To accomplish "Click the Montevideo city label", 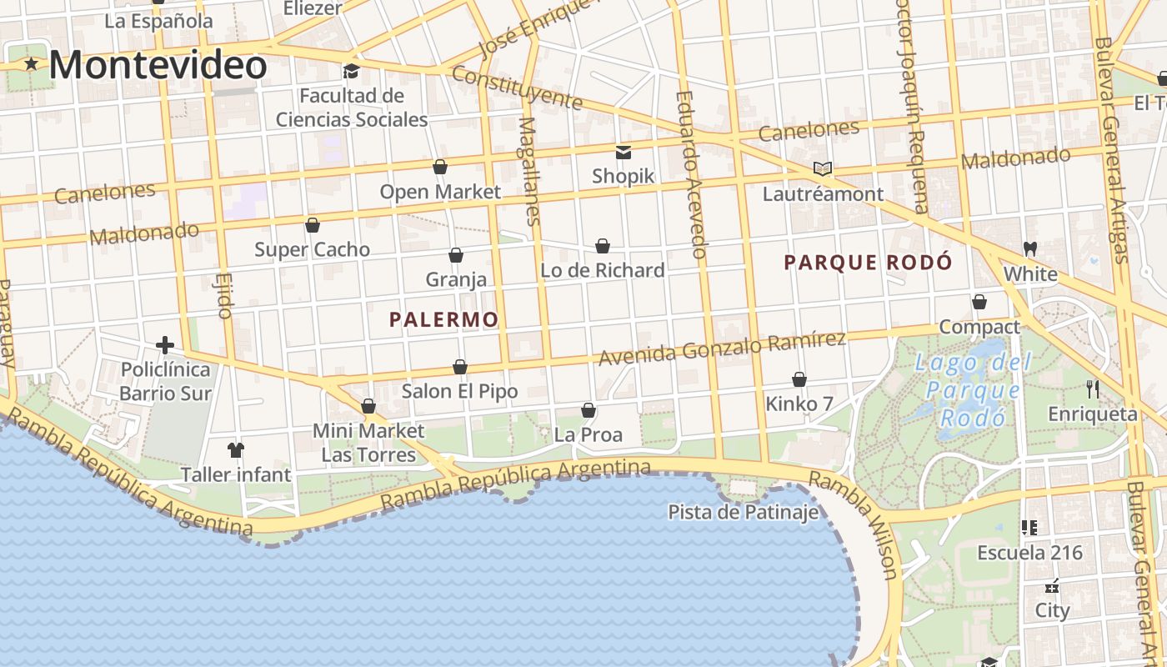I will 158,65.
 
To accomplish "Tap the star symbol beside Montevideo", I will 32,63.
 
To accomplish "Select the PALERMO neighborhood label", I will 443,319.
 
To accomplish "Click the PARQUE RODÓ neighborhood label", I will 868,263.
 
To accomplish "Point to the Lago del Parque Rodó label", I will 972,390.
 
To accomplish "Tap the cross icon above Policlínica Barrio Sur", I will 165,344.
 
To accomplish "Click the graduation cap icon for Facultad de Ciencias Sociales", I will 351,71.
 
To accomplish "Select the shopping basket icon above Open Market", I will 440,167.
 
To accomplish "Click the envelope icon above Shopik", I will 623,152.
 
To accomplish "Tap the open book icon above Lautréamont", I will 823,168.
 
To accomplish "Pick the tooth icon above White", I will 1029,248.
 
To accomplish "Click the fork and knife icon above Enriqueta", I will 1093,389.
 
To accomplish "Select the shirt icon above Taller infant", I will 236,450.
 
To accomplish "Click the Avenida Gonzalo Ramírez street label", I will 722,348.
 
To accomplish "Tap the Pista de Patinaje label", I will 744,511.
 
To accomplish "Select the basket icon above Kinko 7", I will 799,379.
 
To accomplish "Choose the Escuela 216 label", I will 1029,552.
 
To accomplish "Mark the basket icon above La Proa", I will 589,410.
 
